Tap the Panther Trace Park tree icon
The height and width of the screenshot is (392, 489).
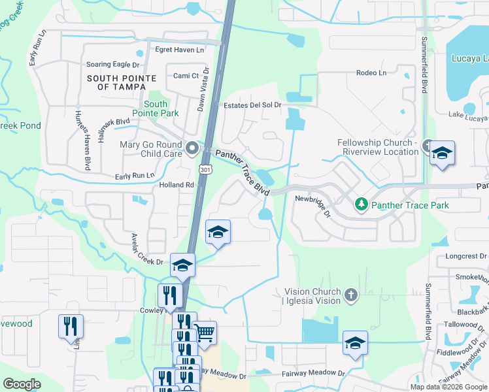pyautogui.click(x=362, y=205)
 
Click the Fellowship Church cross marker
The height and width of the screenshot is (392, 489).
pyautogui.click(x=428, y=146)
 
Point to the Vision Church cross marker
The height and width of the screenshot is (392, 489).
pyautogui.click(x=351, y=296)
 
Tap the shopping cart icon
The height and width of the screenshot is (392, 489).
pyautogui.click(x=205, y=333)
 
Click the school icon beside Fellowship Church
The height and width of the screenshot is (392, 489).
pyautogui.click(x=443, y=154)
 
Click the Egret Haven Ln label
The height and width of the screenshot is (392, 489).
pyautogui.click(x=179, y=50)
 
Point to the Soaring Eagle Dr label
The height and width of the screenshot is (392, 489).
pyautogui.click(x=113, y=65)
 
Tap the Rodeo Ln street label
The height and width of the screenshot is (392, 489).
pyautogui.click(x=371, y=73)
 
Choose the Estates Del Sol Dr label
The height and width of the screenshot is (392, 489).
pyautogui.click(x=252, y=105)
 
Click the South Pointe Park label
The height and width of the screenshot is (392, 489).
pyautogui.click(x=155, y=108)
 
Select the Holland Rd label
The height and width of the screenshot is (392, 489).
pyautogui.click(x=177, y=185)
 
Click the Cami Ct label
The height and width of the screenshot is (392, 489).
pyautogui.click(x=186, y=76)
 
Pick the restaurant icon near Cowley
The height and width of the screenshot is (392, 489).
pyautogui.click(x=169, y=295)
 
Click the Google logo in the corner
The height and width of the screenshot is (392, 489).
pyautogui.click(x=22, y=385)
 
